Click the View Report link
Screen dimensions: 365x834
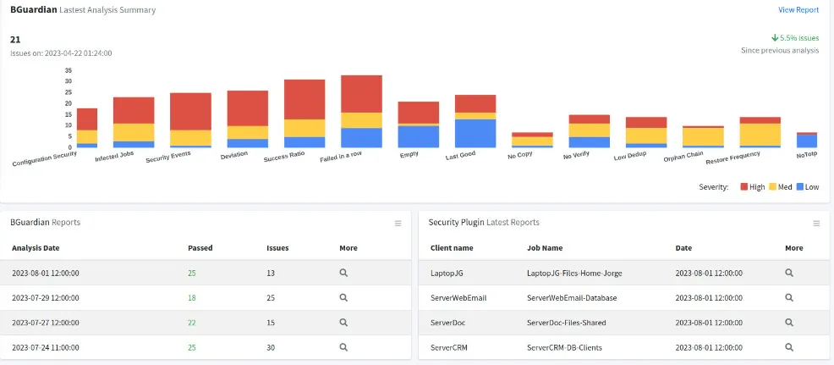coord(798,10)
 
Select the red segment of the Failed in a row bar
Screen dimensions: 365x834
coord(362,93)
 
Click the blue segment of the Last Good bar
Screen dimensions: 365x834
coord(475,133)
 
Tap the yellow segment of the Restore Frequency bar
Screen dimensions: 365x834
coord(760,135)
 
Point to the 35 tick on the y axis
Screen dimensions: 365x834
coord(68,70)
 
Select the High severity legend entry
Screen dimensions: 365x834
coord(752,186)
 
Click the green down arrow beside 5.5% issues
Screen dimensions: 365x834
coord(775,38)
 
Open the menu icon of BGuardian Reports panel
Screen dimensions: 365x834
coord(398,224)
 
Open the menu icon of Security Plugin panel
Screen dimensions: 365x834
coord(816,224)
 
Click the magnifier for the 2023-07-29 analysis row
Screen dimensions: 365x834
coord(344,297)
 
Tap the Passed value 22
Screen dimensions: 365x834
coord(194,323)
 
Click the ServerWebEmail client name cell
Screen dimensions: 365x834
coord(458,297)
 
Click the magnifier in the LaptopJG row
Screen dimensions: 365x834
coord(789,273)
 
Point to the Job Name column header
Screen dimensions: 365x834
coord(544,248)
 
